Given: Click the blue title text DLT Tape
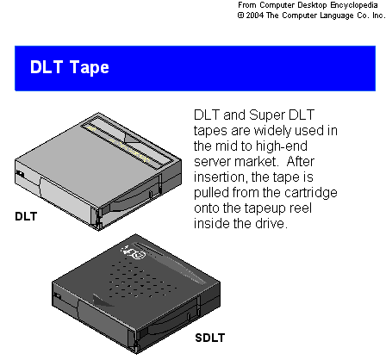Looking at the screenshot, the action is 70,67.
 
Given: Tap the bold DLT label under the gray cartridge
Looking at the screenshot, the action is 26,216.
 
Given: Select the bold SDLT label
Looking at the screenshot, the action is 210,338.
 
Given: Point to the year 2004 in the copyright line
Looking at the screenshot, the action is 254,16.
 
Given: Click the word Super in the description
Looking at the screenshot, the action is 267,115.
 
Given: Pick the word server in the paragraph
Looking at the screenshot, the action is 213,162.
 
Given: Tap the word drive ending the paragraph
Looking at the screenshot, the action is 271,224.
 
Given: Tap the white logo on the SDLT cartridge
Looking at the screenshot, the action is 133,252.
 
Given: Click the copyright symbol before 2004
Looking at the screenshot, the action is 240,16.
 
